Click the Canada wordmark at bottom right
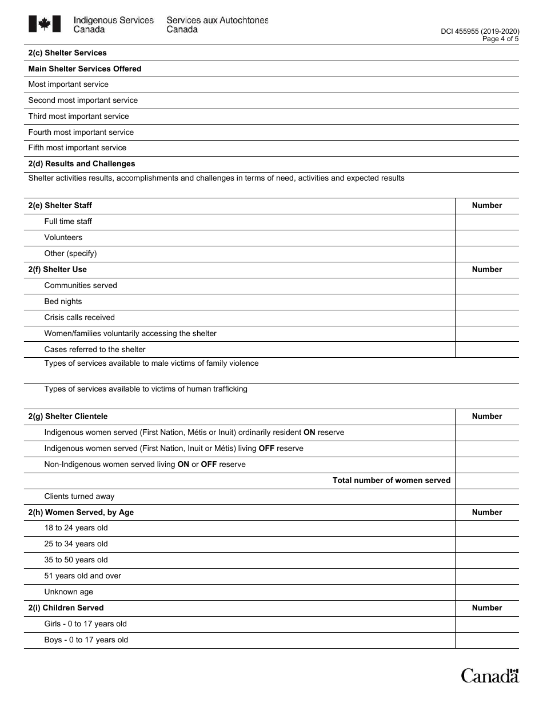490,676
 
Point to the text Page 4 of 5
500,39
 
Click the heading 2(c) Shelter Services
67,53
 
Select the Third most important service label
79,116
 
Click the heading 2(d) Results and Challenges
82,163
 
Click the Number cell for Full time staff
487,222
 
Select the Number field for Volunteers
487,238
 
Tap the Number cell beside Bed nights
487,302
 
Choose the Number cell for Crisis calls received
487,318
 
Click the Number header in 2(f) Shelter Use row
487,269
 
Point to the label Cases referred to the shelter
95,349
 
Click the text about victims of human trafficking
146,389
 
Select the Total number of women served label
392,480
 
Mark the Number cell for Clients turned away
487,497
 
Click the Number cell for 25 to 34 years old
487,544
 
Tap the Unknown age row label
69,592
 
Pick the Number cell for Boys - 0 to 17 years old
487,640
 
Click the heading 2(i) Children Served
66,608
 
